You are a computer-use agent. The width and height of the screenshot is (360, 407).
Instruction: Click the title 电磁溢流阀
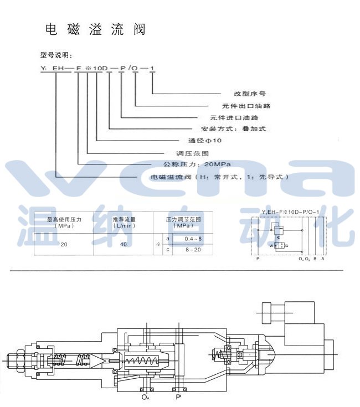94,30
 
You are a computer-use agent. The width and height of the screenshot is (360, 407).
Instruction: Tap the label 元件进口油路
234,117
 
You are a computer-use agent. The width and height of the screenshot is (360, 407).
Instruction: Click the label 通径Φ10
204,141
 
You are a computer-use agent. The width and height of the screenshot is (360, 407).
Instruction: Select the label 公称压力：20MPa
196,164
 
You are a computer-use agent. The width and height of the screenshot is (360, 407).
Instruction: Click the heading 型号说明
56,55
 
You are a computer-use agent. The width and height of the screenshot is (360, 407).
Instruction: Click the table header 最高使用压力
64,220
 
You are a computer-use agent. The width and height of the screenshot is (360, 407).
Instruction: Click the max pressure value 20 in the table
64,244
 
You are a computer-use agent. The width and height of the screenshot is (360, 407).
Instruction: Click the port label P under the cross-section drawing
178,396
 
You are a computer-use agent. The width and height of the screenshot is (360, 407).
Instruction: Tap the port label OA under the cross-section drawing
145,396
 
